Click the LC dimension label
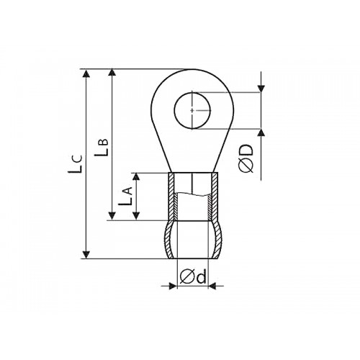tap(76, 163)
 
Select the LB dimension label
tap(102, 147)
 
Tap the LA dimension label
tap(125, 196)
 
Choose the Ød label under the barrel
tap(193, 276)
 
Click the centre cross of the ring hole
tap(192, 110)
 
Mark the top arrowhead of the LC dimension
tap(86, 73)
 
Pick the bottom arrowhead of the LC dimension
tap(86, 255)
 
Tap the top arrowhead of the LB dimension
tap(112, 73)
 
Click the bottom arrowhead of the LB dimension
tap(112, 216)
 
